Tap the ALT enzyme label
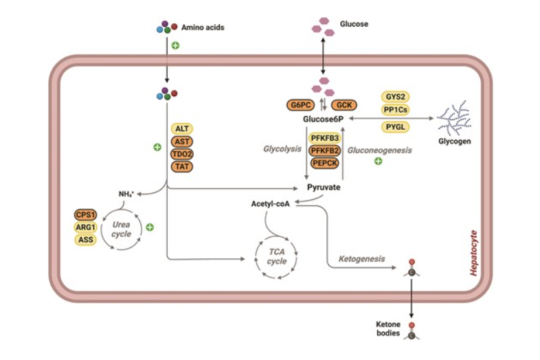click(x=182, y=129)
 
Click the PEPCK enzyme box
click(x=324, y=163)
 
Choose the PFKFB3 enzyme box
click(x=324, y=138)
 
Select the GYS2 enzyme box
click(x=395, y=97)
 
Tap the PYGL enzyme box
click(x=395, y=126)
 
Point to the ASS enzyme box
click(x=86, y=239)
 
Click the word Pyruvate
click(x=324, y=187)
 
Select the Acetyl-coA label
click(x=271, y=204)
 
